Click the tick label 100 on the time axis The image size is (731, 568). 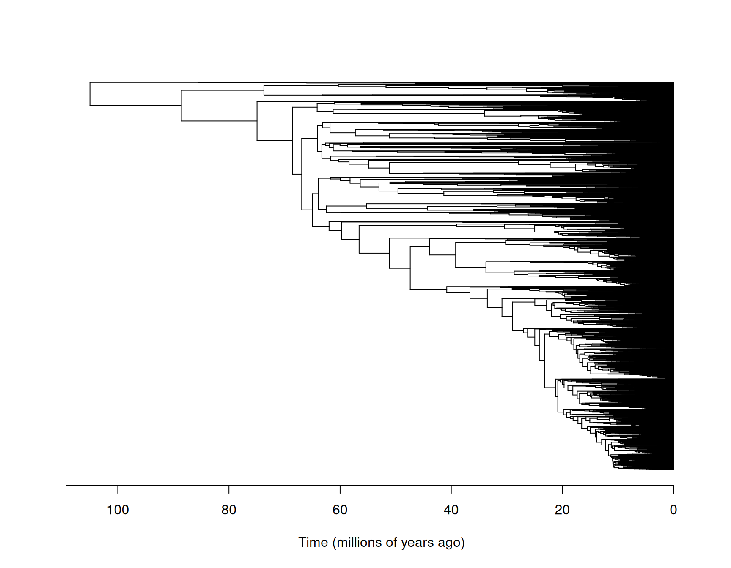click(118, 510)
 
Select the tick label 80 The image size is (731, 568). click(228, 510)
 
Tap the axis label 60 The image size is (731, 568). click(340, 510)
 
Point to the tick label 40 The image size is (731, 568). click(451, 510)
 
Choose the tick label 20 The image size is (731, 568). click(562, 510)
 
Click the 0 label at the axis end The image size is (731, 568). click(673, 510)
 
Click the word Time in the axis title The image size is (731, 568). click(313, 542)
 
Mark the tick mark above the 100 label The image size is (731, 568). click(118, 489)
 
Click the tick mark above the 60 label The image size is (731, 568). click(340, 489)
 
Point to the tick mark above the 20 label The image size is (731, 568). click(562, 489)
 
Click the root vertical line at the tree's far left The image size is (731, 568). click(90, 94)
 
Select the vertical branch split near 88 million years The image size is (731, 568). click(181, 106)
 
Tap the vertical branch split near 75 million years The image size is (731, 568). click(257, 121)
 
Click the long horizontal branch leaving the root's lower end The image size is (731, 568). click(135, 106)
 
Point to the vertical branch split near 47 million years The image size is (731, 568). click(410, 268)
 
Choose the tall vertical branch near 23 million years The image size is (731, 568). click(544, 359)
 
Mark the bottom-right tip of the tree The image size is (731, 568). click(673, 469)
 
